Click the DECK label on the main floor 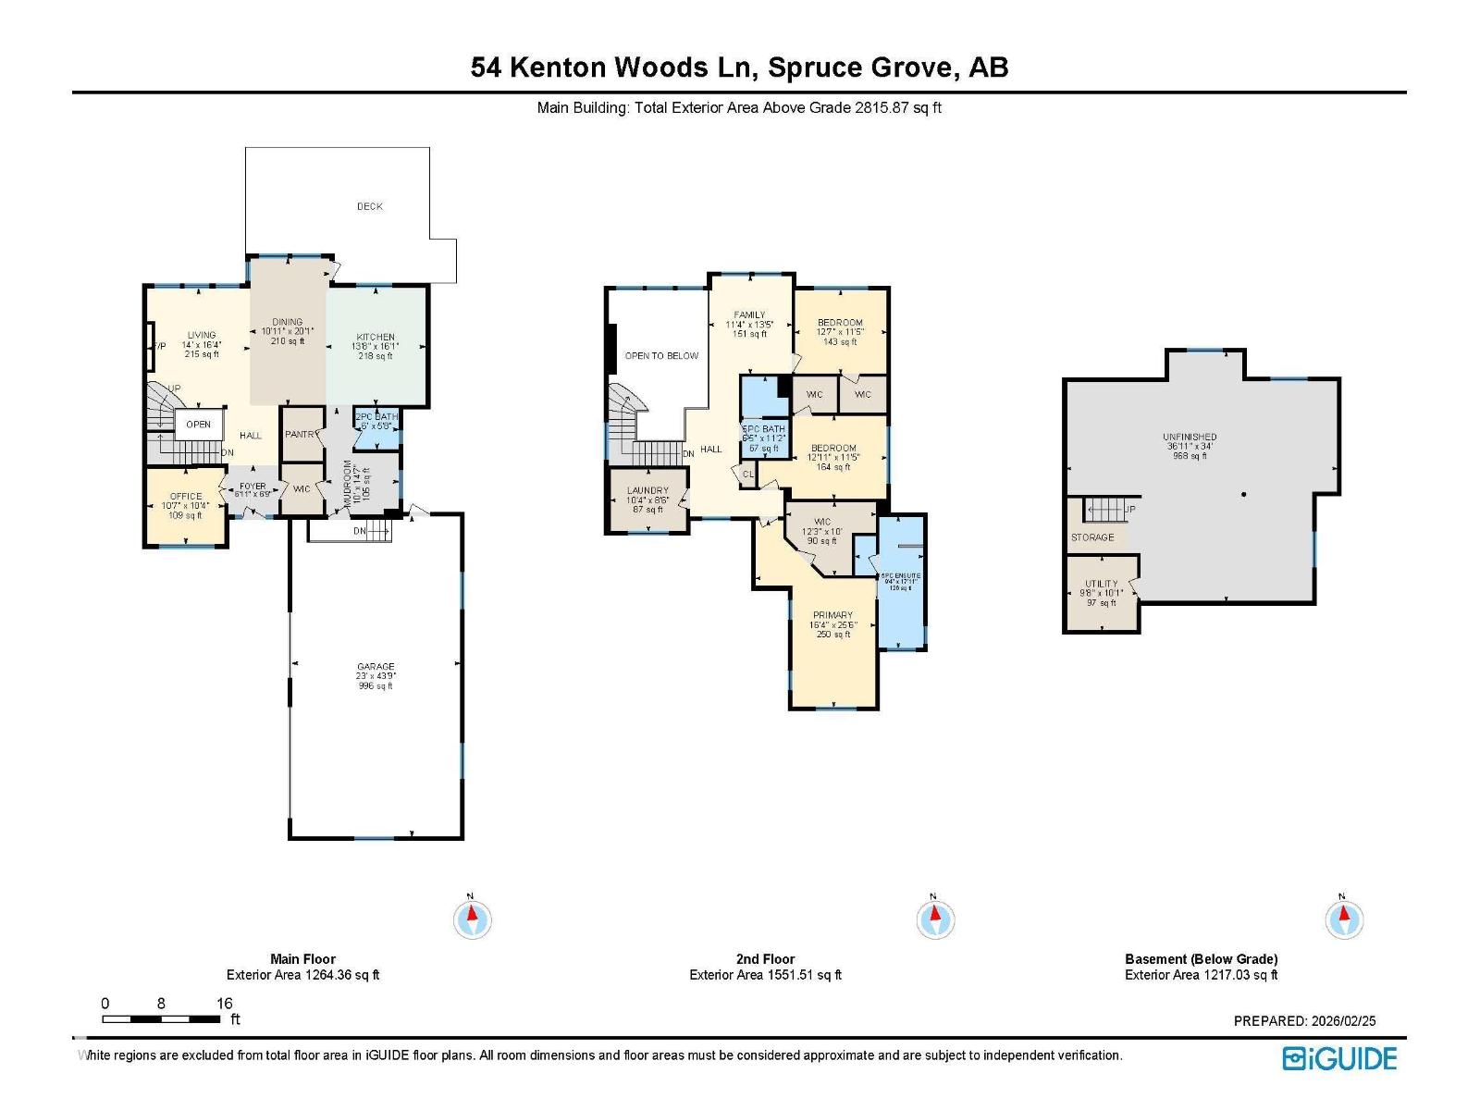coord(369,206)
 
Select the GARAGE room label coord(376,666)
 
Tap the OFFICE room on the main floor coord(185,497)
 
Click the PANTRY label coord(302,435)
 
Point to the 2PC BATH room coord(376,417)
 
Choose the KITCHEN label coord(376,338)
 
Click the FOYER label coord(253,487)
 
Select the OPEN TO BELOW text coord(661,356)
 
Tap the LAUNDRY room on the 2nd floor coord(647,491)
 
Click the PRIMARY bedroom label coord(832,615)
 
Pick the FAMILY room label coord(750,315)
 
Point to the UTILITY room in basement coord(1101,584)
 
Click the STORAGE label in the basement coord(1092,537)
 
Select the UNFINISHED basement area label coord(1190,437)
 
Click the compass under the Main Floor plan coord(473,919)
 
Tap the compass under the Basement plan coord(1344,919)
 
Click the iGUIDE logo coord(1339,1058)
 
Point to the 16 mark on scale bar coord(224,1004)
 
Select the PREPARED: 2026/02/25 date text coord(1304,1021)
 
